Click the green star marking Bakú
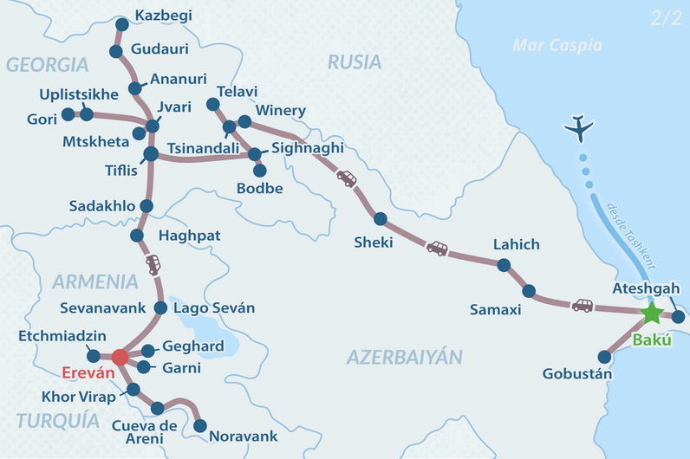(651, 313)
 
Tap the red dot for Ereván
(120, 357)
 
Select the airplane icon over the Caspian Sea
(578, 129)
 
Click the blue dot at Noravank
(200, 426)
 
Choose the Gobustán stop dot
(605, 356)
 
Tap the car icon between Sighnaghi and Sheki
(346, 178)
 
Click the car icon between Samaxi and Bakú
(583, 305)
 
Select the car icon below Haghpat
(153, 264)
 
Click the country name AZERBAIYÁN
(405, 357)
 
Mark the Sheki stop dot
(380, 218)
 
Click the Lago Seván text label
(214, 308)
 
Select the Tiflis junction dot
(150, 154)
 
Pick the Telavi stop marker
(212, 105)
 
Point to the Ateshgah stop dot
(678, 316)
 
